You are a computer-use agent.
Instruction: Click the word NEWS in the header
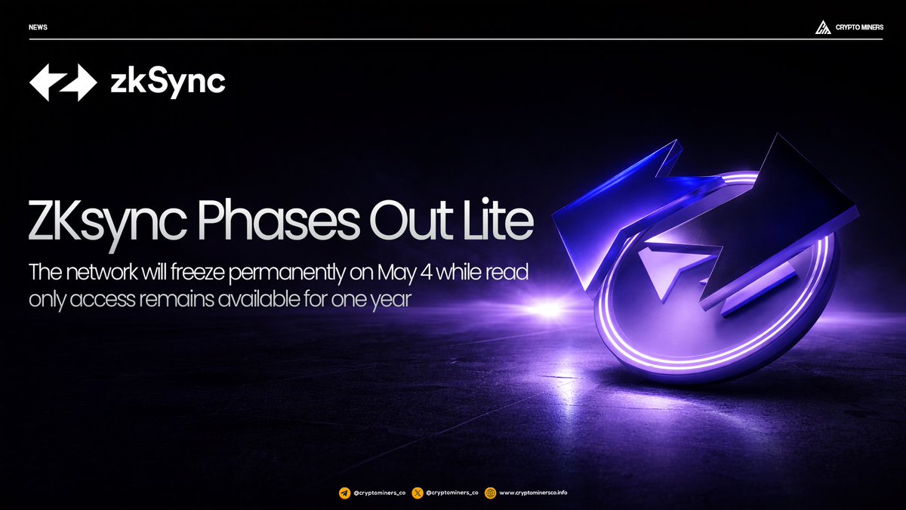coord(38,27)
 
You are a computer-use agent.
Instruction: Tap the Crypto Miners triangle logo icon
coord(823,27)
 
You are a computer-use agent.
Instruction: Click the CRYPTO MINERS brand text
coord(859,27)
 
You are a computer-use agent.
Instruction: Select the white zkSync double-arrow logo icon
coord(63,82)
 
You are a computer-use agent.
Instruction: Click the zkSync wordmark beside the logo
coord(168,82)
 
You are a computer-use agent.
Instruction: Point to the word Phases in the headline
coord(279,221)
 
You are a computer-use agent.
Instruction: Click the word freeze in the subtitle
coord(197,272)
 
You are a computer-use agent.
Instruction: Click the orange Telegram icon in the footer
coord(344,493)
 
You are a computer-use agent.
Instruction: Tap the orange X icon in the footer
coord(418,493)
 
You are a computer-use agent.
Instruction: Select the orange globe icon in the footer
coord(490,493)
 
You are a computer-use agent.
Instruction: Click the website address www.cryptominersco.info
coord(533,493)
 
